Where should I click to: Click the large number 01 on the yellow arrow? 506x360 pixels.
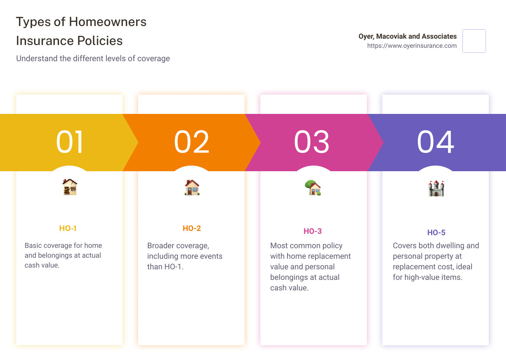pos(70,142)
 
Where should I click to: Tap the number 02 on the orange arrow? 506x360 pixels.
pos(192,142)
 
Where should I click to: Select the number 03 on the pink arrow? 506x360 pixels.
pos(312,142)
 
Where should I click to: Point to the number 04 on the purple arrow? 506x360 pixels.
pos(435,142)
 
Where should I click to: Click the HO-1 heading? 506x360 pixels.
pos(68,229)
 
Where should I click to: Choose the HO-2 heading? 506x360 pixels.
pos(192,229)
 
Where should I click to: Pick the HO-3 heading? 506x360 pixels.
pos(313,231)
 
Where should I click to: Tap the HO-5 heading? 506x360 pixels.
pos(436,233)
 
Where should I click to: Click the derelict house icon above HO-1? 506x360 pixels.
pos(70,187)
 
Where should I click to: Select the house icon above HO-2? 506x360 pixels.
pos(192,187)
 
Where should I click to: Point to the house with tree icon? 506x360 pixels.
pos(313,188)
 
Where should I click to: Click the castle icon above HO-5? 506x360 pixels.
pos(436,188)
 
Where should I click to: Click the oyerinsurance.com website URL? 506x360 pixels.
pos(412,46)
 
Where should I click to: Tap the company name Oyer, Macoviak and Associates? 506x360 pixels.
pos(408,36)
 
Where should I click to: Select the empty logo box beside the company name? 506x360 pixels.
pos(474,41)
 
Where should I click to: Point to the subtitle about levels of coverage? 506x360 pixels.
pos(93,58)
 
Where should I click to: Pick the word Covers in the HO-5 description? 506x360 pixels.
pos(404,246)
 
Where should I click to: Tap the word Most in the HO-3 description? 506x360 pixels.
pos(279,246)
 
